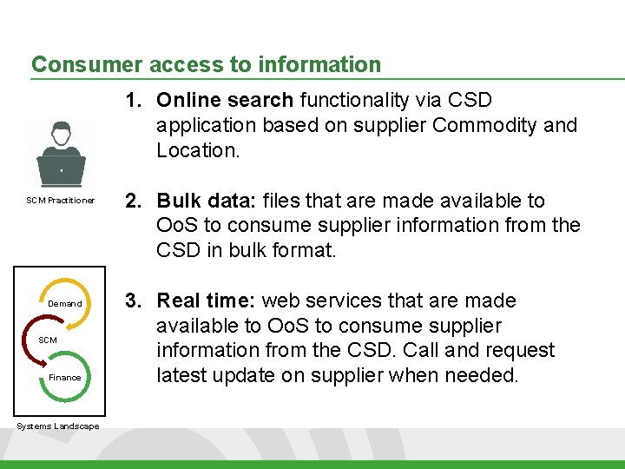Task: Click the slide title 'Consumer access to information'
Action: tap(206, 64)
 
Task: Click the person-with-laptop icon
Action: tap(61, 155)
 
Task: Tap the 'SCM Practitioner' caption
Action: tap(60, 201)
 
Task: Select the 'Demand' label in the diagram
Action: tap(65, 304)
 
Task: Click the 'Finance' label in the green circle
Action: tap(65, 378)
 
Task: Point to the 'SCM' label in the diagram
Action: tap(48, 340)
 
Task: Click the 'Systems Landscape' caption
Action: tap(57, 426)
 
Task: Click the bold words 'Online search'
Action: tap(225, 100)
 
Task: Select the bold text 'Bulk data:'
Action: tap(204, 201)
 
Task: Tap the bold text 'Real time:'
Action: tap(206, 301)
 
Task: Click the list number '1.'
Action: tap(133, 100)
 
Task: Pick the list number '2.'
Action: tap(133, 201)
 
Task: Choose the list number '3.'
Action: tap(133, 301)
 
